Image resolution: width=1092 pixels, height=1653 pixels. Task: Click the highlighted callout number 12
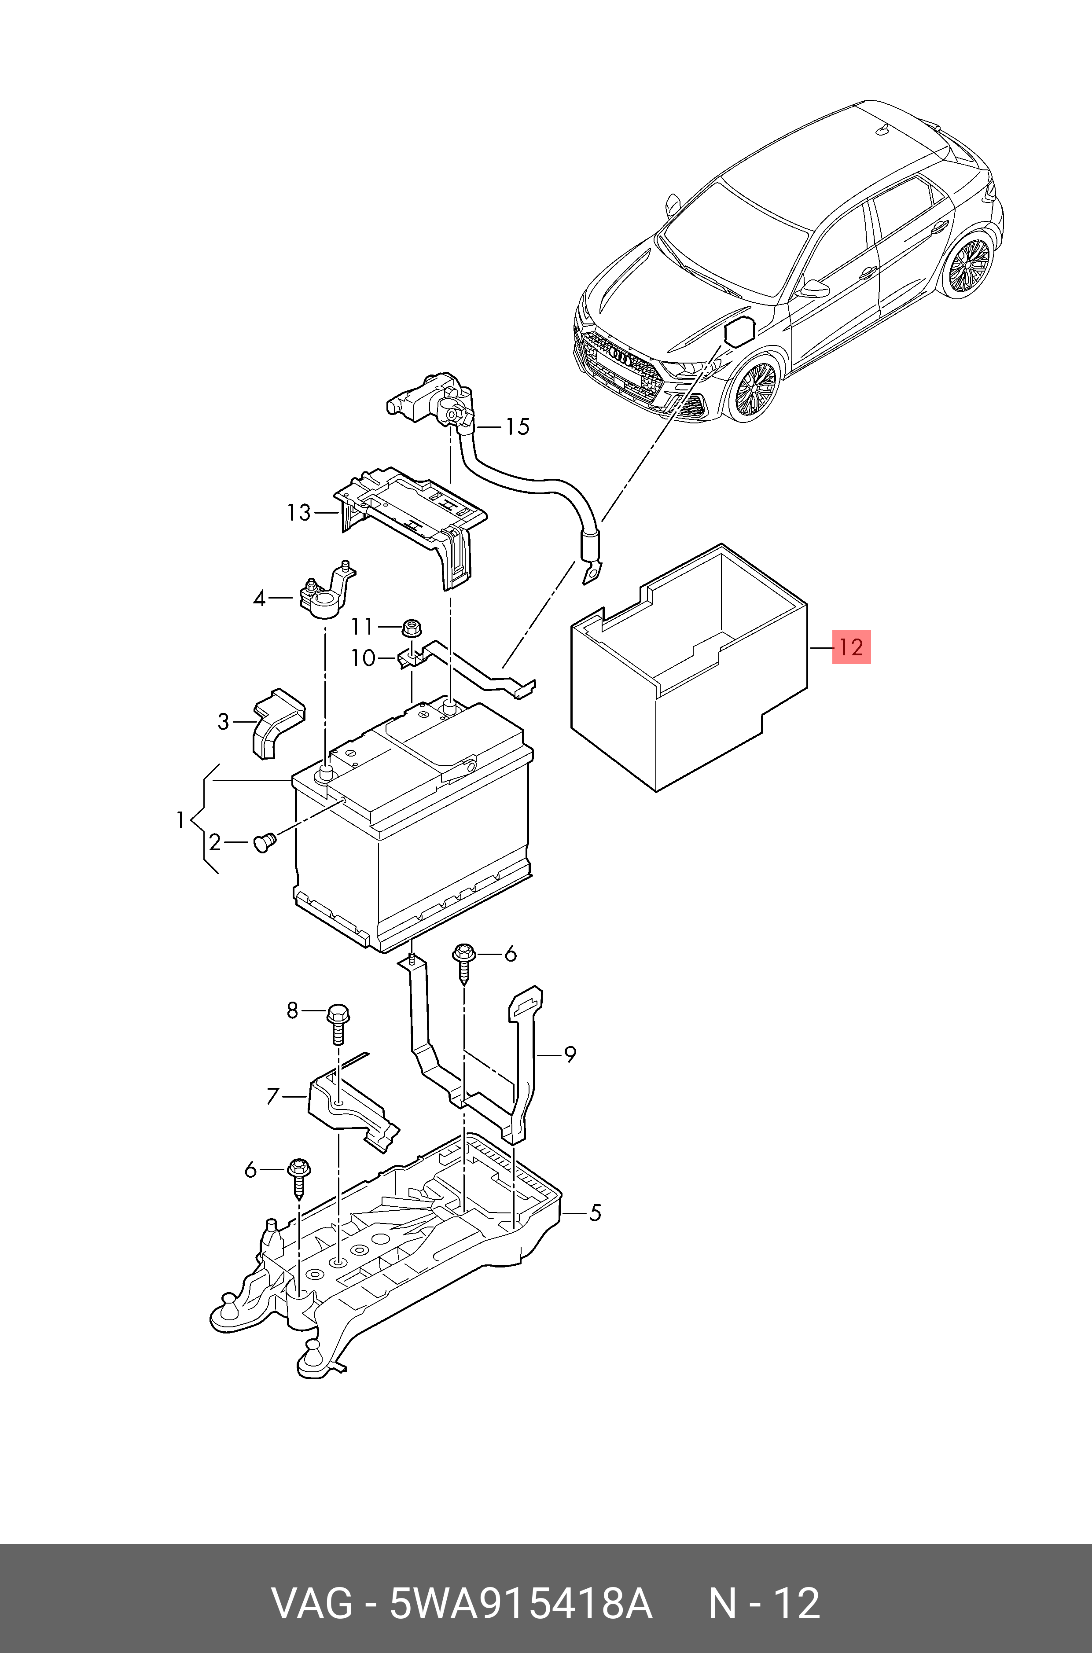851,647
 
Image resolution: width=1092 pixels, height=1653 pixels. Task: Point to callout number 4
260,598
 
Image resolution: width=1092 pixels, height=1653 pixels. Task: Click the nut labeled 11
411,628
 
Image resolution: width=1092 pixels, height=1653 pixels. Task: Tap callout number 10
363,658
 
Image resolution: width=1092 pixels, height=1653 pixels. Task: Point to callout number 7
273,1097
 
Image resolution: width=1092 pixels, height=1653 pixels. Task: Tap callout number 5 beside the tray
594,1213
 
